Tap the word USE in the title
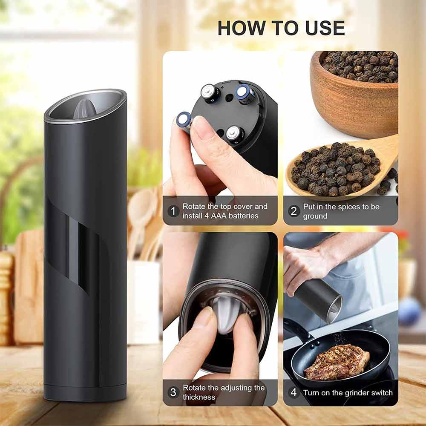[x=325, y=28]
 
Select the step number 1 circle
[x=173, y=211]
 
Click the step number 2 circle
[x=294, y=211]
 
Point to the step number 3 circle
[x=173, y=392]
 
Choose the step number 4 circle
[x=294, y=392]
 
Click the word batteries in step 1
[x=243, y=216]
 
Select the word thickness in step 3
[x=199, y=397]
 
